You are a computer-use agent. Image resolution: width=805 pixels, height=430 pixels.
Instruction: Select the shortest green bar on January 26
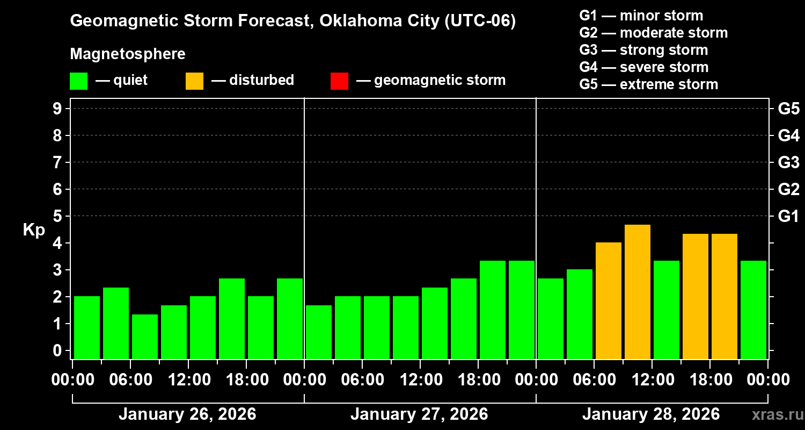145,336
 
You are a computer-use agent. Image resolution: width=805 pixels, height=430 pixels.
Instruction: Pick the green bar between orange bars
667,310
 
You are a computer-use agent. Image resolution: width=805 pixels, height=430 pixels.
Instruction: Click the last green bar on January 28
753,310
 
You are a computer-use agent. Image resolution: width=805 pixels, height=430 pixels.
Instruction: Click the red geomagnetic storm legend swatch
339,81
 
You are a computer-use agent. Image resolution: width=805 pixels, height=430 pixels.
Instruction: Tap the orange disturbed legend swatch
194,81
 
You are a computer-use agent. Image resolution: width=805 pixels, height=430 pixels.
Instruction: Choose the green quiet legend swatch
78,81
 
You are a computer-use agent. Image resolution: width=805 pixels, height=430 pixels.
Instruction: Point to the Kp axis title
34,230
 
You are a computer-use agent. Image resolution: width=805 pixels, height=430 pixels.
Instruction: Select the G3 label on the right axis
788,162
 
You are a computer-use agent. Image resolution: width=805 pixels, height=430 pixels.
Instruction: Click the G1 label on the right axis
788,216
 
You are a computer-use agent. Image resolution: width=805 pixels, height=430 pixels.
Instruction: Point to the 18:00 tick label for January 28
709,380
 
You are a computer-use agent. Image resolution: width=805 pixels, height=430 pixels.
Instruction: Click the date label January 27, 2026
419,414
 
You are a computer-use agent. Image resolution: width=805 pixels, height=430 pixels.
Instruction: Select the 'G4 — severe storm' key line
643,67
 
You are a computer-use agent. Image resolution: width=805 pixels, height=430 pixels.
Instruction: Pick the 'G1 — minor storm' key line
641,16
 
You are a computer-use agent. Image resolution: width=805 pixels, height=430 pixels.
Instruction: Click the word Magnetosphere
128,54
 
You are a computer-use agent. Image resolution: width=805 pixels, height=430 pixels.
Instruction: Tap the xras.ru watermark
774,414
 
